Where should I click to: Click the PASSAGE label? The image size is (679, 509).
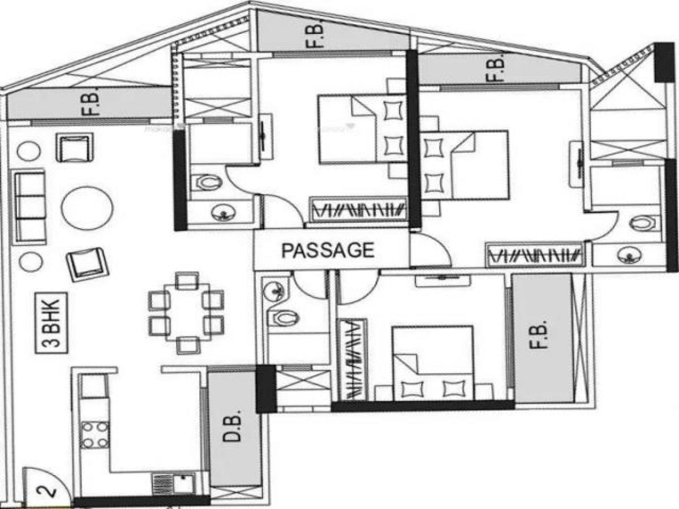pyautogui.click(x=328, y=250)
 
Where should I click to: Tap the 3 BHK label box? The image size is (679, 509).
pyautogui.click(x=51, y=323)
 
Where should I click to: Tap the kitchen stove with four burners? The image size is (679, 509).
pyautogui.click(x=94, y=434)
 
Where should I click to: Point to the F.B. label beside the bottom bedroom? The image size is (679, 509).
pyautogui.click(x=542, y=337)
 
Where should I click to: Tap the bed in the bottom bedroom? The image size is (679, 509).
pyautogui.click(x=433, y=362)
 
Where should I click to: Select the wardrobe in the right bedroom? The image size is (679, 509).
pyautogui.click(x=534, y=255)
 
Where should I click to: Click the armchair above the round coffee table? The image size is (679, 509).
pyautogui.click(x=74, y=148)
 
